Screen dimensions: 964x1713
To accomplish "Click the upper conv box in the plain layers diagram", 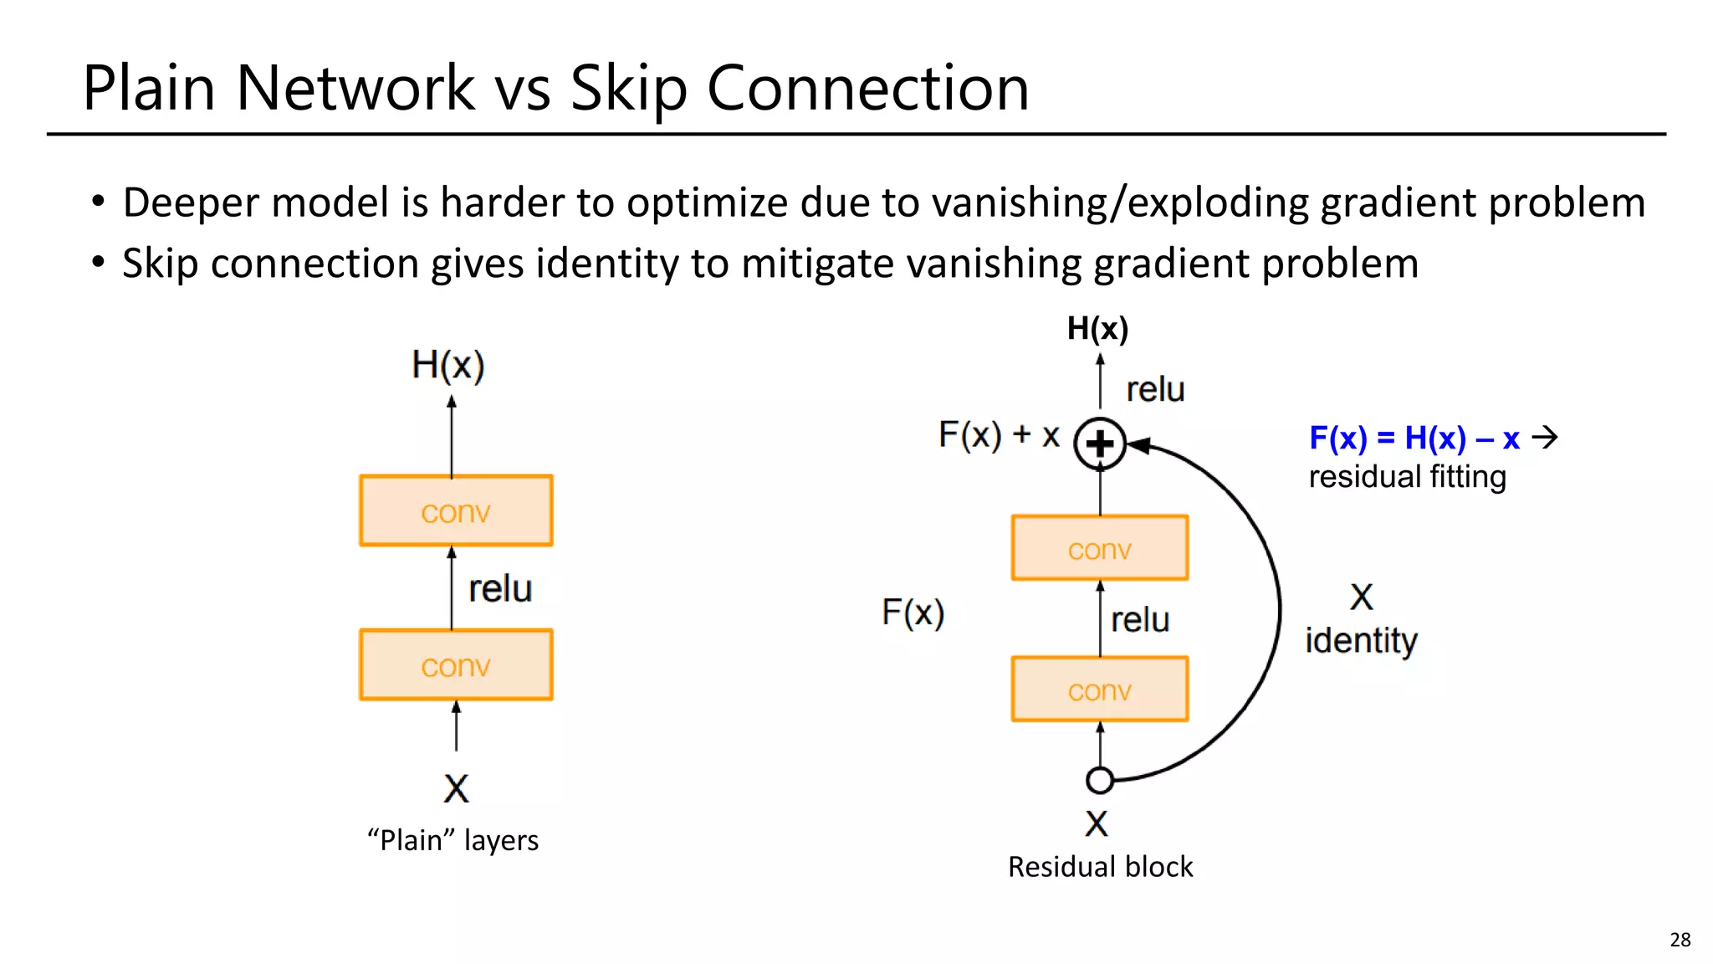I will tap(456, 510).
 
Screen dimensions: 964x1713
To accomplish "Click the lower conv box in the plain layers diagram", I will tap(456, 664).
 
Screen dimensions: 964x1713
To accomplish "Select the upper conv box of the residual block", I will tap(1099, 548).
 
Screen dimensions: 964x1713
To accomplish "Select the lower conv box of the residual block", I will tap(1099, 690).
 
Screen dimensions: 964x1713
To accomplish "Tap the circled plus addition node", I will tap(1099, 444).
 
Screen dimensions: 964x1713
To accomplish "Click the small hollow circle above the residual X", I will tap(1099, 780).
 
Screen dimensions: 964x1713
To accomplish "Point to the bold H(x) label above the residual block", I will tap(1097, 329).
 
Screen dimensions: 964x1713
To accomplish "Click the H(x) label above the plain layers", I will tap(448, 366).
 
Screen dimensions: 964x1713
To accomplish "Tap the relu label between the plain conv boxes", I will tap(500, 588).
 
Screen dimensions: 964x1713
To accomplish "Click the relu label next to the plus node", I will tap(1155, 389).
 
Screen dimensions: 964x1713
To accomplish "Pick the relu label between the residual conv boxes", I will tap(1140, 619).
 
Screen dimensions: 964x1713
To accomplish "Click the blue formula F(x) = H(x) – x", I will tap(1414, 438).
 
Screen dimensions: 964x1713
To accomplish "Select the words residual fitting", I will tap(1407, 476).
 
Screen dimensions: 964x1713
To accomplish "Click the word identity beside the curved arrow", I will tap(1361, 640).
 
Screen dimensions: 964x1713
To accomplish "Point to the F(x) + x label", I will tap(999, 435).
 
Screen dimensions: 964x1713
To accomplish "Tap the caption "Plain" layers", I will tap(453, 839).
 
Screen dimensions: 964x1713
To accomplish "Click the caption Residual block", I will tap(1100, 866).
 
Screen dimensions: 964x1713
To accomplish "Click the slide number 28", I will tap(1680, 939).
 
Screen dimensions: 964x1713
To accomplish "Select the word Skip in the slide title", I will tap(628, 89).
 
